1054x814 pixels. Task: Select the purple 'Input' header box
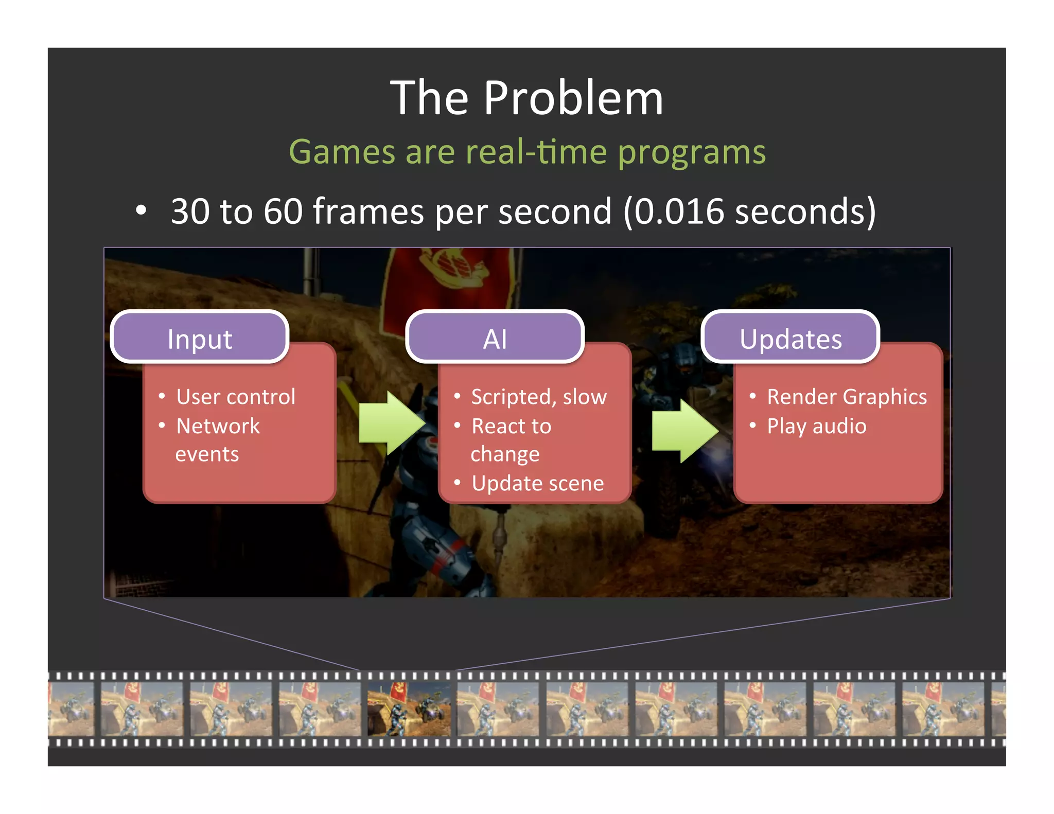coord(200,338)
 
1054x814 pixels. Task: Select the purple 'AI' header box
coord(495,338)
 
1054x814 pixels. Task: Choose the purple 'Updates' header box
coord(790,338)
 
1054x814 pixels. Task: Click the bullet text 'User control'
coord(236,397)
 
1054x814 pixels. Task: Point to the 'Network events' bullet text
coord(217,439)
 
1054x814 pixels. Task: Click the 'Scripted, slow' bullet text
coord(539,397)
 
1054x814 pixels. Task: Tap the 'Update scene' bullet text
coord(538,483)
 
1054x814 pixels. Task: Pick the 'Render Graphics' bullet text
coord(847,397)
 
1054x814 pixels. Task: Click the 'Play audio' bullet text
coord(817,426)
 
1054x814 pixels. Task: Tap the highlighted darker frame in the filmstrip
coord(409,709)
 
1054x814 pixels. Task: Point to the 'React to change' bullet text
coord(511,439)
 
